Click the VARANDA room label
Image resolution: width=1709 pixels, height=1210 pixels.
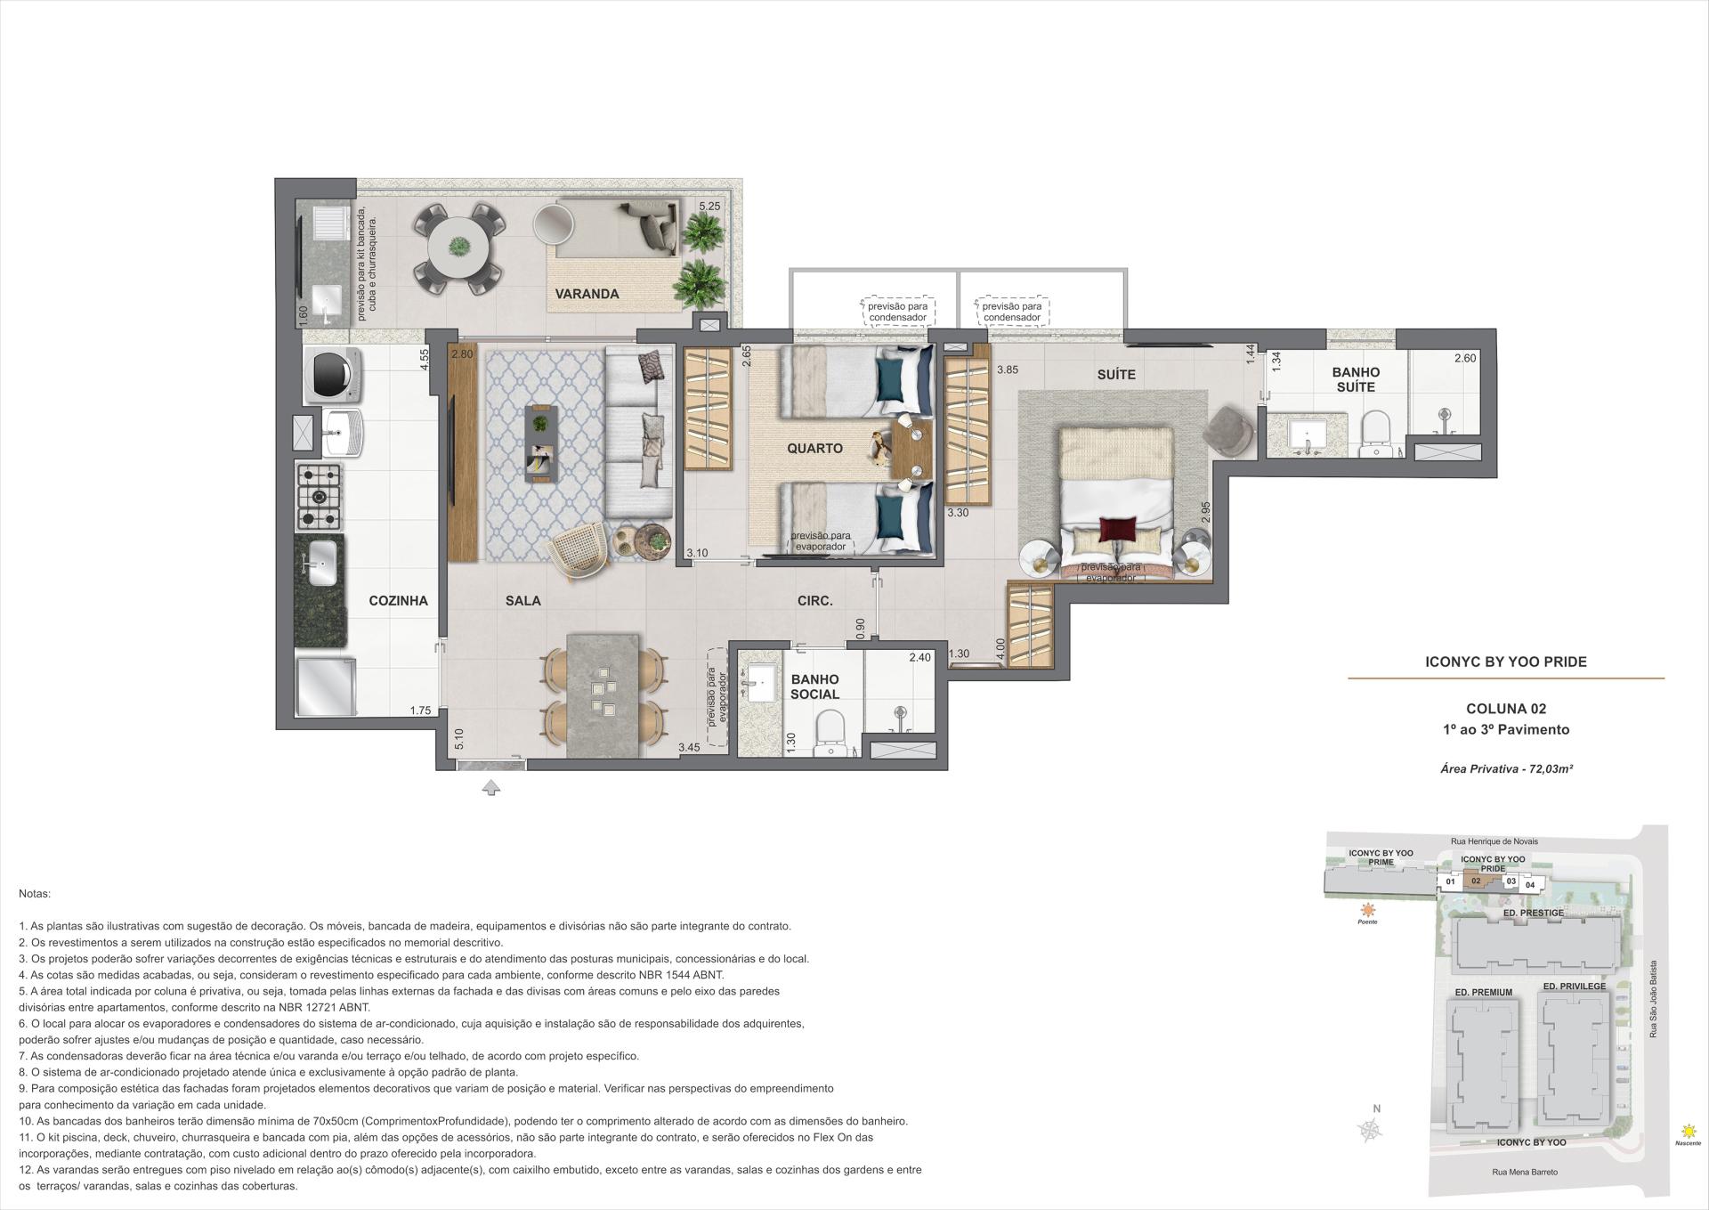587,294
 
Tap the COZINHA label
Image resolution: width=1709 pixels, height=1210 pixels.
398,601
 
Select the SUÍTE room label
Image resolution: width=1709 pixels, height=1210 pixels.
1115,375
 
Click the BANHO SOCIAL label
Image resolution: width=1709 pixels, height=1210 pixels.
814,686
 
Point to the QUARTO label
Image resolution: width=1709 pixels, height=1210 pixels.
814,449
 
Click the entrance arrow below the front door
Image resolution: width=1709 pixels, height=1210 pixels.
490,787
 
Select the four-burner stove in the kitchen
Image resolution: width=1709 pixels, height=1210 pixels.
318,497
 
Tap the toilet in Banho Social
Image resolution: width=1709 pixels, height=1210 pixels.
830,730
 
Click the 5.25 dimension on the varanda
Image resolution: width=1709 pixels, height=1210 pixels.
709,207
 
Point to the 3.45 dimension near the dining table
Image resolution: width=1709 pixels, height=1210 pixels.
689,749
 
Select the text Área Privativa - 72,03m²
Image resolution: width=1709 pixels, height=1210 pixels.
1506,768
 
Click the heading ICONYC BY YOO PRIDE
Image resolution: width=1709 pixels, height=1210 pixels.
1506,662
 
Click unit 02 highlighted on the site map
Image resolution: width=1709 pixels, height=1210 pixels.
1475,881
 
